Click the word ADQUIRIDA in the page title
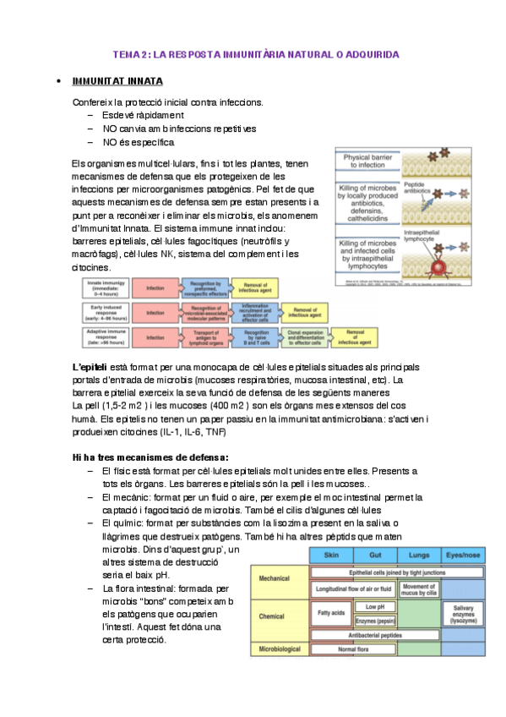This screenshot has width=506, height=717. click(369, 54)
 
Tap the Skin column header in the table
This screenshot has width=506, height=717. click(330, 556)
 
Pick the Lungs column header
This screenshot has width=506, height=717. click(419, 556)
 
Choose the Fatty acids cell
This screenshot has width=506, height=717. click(330, 611)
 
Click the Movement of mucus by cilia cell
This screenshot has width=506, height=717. click(418, 588)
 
